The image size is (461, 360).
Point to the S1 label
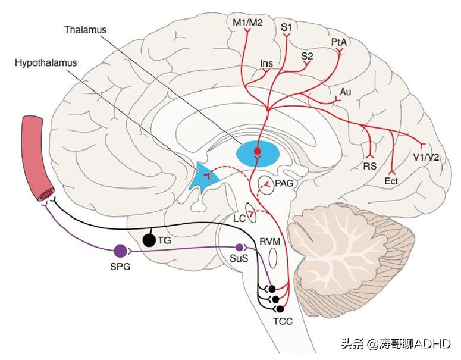point(286,27)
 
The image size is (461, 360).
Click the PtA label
point(340,43)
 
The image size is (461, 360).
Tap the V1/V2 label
point(426,158)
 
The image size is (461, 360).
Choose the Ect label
point(391,181)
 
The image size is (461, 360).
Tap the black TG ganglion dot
point(150,240)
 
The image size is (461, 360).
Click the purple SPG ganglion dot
point(120,252)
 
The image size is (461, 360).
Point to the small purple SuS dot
point(239,247)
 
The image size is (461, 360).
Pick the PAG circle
point(266,186)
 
